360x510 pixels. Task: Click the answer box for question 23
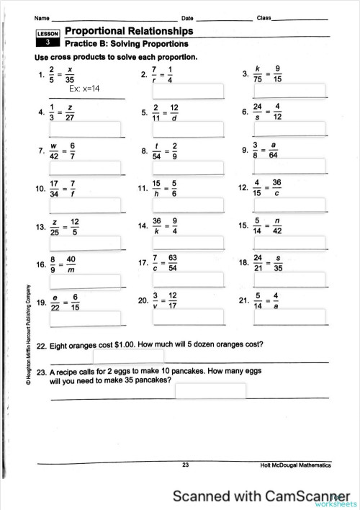tap(210, 391)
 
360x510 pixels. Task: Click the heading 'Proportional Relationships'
tap(129, 32)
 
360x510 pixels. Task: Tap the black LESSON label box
tap(48, 37)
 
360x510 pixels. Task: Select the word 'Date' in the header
tap(187, 17)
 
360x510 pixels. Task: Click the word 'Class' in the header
tap(264, 17)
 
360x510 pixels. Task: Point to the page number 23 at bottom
tap(186, 467)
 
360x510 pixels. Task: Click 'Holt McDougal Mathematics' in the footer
tap(296, 467)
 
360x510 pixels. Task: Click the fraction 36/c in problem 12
tap(277, 188)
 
